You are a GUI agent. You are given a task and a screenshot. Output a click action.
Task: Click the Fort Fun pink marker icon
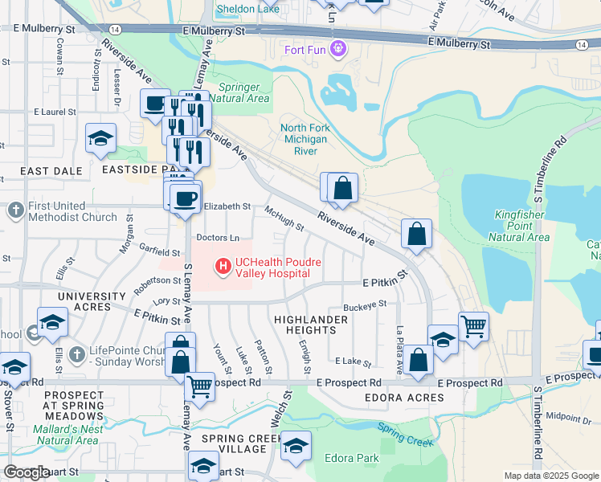[x=338, y=50]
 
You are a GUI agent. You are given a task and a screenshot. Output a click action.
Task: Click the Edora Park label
[x=351, y=459]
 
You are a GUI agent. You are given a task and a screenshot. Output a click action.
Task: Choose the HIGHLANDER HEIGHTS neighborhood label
[x=311, y=325]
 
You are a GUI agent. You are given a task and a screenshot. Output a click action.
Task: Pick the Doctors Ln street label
[x=218, y=238]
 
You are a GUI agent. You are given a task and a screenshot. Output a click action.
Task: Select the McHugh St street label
[x=284, y=218]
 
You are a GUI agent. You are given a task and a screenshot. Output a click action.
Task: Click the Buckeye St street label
[x=365, y=305]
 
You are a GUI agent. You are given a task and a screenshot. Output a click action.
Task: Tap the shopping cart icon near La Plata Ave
[x=474, y=326]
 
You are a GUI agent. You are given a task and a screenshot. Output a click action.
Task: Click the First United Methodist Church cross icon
[x=15, y=211]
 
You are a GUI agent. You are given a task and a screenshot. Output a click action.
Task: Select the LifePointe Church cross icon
[x=76, y=354]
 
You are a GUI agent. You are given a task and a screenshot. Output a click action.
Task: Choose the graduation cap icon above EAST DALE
[x=101, y=137]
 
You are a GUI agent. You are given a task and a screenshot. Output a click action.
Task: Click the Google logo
[x=27, y=472]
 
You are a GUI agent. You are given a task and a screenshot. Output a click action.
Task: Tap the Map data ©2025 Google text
[x=550, y=476]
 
